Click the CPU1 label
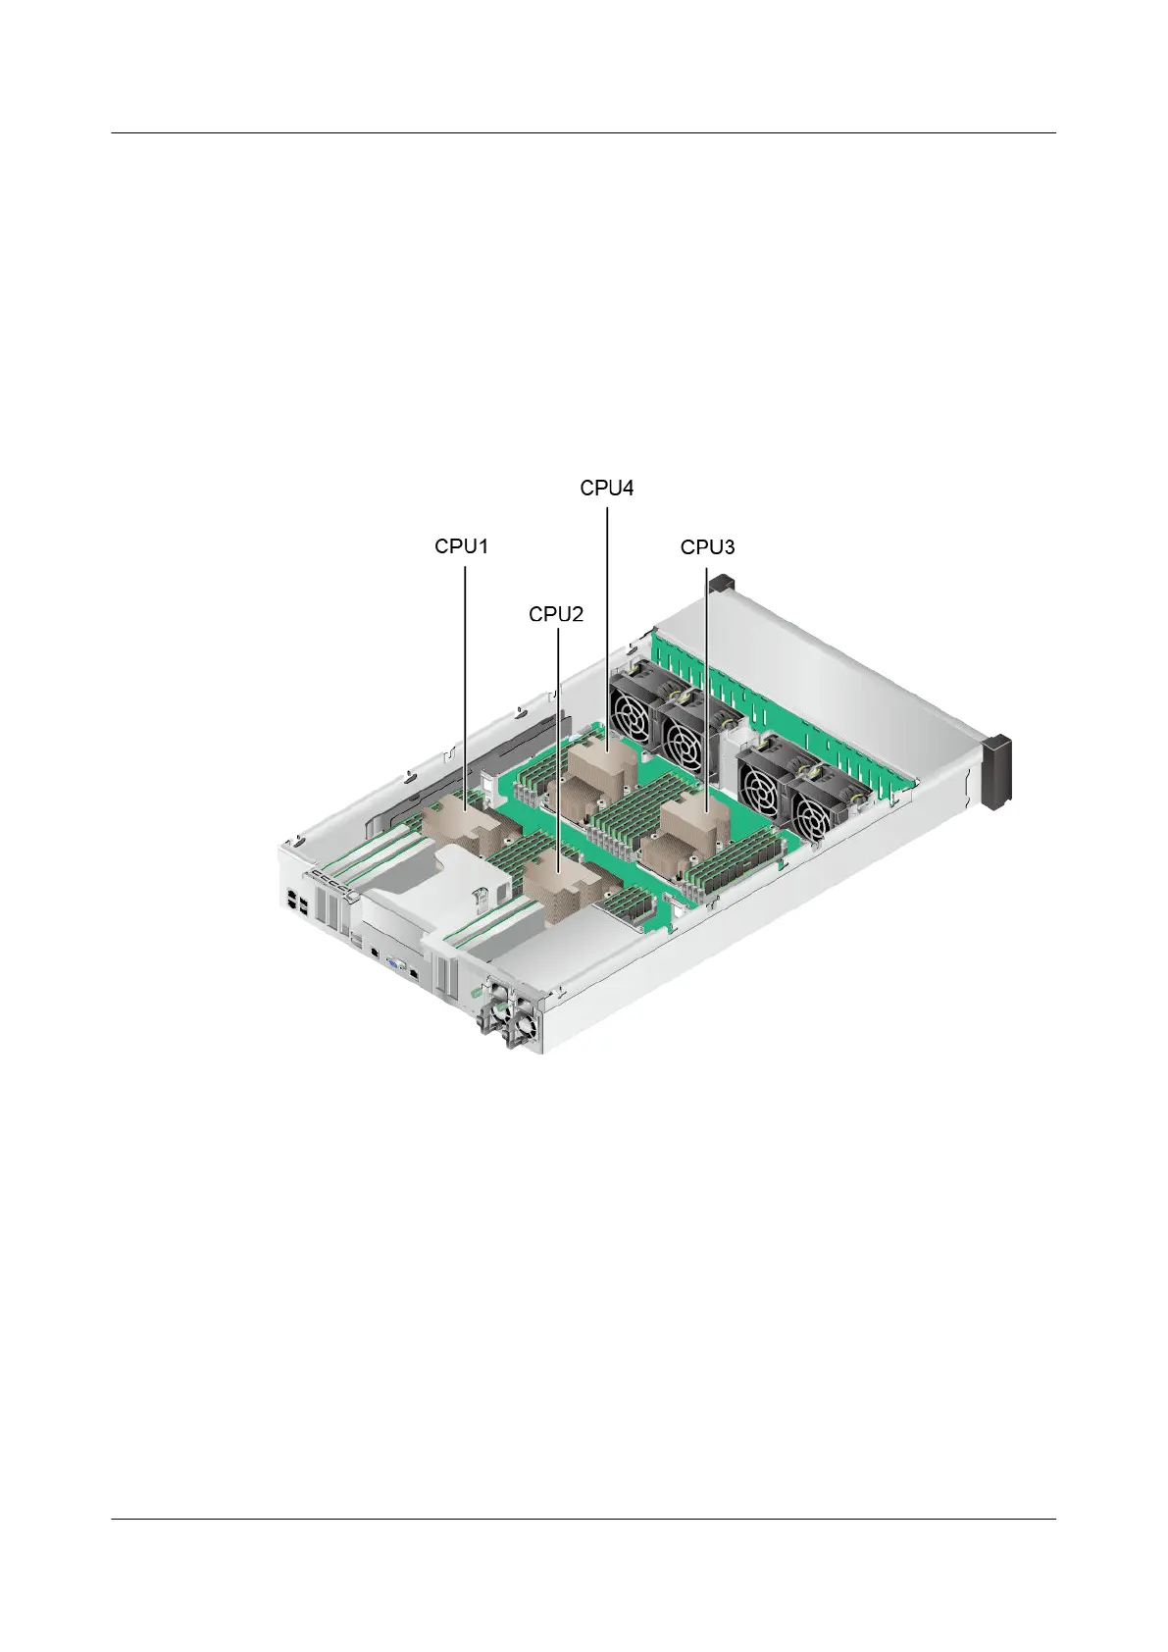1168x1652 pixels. coord(461,546)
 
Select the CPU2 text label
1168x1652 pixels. coord(556,613)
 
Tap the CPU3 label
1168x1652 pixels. coord(707,547)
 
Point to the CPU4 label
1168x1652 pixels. coord(607,489)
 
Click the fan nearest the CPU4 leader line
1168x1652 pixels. coord(635,705)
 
